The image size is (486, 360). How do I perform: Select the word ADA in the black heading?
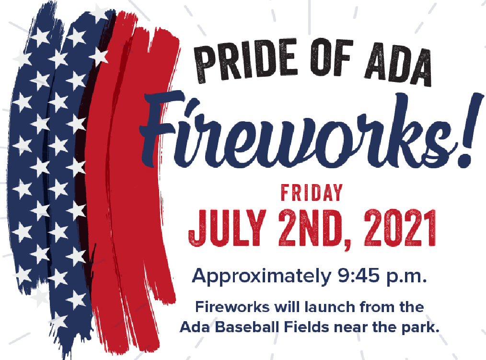pyautogui.click(x=398, y=66)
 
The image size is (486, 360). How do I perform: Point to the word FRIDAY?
pyautogui.click(x=312, y=193)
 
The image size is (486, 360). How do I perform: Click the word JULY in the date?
pyautogui.click(x=227, y=228)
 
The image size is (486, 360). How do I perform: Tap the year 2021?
pyautogui.click(x=400, y=228)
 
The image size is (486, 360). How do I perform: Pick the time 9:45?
pyautogui.click(x=359, y=275)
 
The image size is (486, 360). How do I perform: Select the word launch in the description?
pyautogui.click(x=329, y=307)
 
